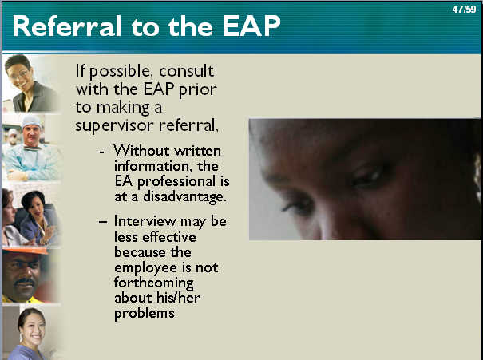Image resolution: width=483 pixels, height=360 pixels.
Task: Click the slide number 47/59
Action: click(x=464, y=10)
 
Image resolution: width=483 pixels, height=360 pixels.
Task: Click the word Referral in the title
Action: click(x=66, y=26)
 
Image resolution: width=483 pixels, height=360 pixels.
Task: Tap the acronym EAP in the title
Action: click(x=251, y=26)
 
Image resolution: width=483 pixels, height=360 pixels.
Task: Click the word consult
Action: click(x=186, y=71)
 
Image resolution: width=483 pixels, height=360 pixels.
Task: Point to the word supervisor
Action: click(x=114, y=126)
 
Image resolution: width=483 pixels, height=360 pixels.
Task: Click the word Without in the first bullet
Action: click(x=141, y=151)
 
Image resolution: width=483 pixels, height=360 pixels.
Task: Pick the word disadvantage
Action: click(x=185, y=197)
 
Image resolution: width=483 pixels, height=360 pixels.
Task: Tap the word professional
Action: click(x=176, y=182)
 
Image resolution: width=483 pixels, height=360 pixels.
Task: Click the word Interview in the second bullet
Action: click(x=145, y=221)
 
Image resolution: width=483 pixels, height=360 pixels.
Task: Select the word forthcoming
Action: click(x=154, y=283)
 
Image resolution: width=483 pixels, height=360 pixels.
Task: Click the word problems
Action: click(x=145, y=314)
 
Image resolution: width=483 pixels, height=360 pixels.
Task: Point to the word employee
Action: click(x=145, y=268)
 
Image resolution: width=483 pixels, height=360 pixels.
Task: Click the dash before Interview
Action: click(x=103, y=221)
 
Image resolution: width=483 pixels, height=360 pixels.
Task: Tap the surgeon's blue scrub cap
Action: click(x=31, y=121)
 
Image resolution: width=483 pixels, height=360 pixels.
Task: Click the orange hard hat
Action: click(x=26, y=251)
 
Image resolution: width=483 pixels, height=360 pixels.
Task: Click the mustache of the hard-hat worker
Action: click(x=24, y=282)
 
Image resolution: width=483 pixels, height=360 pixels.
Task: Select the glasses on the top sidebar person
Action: click(x=18, y=75)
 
